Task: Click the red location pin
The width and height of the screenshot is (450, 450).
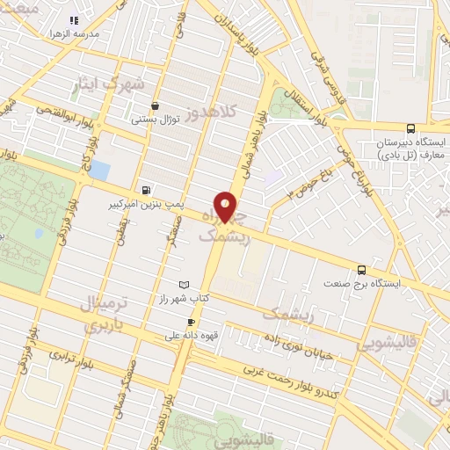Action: [226, 207]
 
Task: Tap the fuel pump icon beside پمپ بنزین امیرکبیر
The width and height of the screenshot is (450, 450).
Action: [145, 189]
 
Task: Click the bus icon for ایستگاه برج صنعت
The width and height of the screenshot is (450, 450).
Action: [362, 270]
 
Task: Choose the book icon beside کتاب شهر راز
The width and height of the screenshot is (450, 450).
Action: [184, 285]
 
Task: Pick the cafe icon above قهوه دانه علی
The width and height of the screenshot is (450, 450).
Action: [191, 323]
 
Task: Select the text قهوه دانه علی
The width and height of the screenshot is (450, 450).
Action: [191, 336]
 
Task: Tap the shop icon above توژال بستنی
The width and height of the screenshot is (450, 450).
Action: [156, 105]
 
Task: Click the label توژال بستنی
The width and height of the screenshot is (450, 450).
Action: [155, 120]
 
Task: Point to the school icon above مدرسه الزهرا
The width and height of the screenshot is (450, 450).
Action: [74, 19]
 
